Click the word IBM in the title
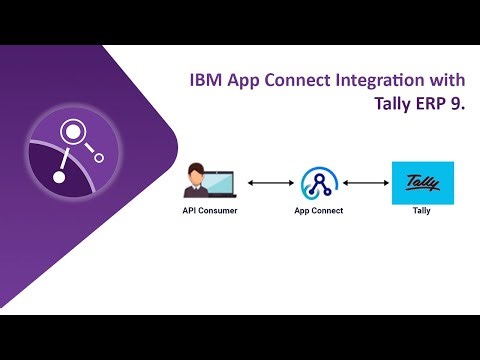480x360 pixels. tap(206, 80)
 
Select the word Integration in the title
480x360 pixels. tap(373, 80)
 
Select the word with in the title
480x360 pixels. tap(441, 80)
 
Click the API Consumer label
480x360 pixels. tap(209, 212)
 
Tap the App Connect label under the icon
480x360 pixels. tap(318, 212)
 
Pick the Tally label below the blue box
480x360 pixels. tap(421, 212)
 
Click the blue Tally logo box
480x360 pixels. tap(421, 183)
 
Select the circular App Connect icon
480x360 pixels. tap(318, 183)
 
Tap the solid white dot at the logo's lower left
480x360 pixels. tap(59, 178)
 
